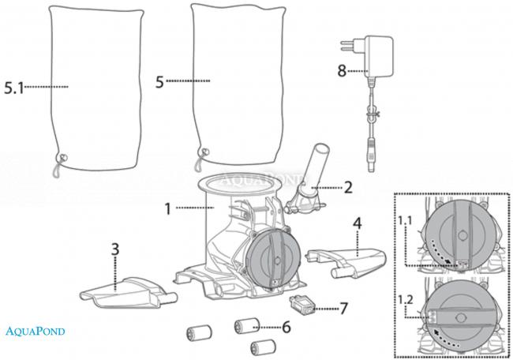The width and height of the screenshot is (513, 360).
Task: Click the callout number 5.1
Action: pyautogui.click(x=15, y=88)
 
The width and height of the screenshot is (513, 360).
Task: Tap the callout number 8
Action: pyautogui.click(x=341, y=69)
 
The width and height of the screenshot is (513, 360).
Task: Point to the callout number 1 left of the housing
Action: pyautogui.click(x=167, y=208)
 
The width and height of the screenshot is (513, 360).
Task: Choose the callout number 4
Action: pyautogui.click(x=358, y=224)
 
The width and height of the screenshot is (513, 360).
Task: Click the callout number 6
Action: pyautogui.click(x=286, y=325)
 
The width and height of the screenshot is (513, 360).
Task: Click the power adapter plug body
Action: pyautogui.click(x=376, y=56)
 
